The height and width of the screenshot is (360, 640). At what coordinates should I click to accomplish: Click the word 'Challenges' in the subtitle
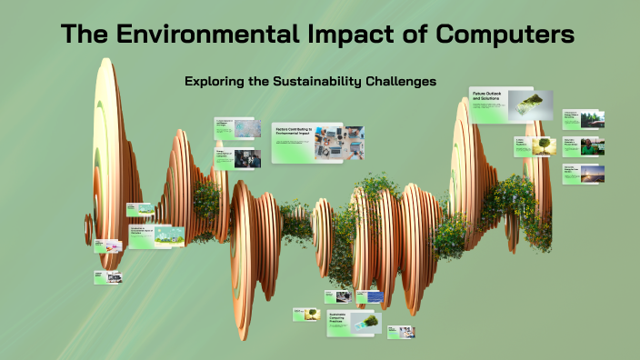point(402,81)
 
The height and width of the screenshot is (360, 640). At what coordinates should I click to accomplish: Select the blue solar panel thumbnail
point(375,296)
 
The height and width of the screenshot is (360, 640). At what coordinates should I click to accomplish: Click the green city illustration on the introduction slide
point(168,236)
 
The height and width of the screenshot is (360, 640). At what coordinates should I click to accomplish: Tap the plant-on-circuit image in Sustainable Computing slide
point(367,322)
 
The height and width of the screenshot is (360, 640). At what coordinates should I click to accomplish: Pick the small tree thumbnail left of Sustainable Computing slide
point(313,315)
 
